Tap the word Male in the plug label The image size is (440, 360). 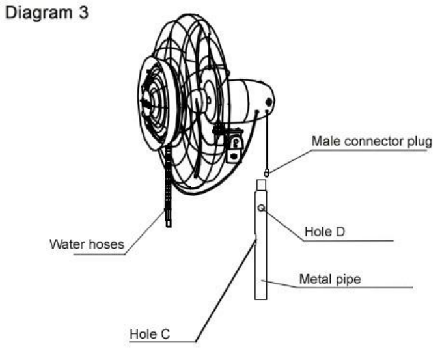coord(324,142)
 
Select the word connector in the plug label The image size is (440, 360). coord(369,142)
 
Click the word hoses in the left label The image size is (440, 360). coord(107,245)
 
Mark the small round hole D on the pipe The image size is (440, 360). coord(261,208)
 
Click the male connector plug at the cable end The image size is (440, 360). coord(268,174)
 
